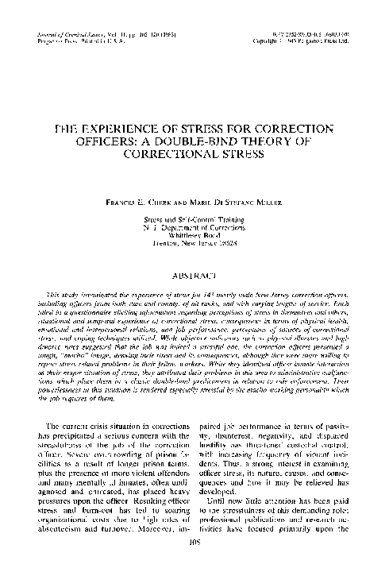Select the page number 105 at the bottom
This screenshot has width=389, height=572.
pos(194,566)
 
